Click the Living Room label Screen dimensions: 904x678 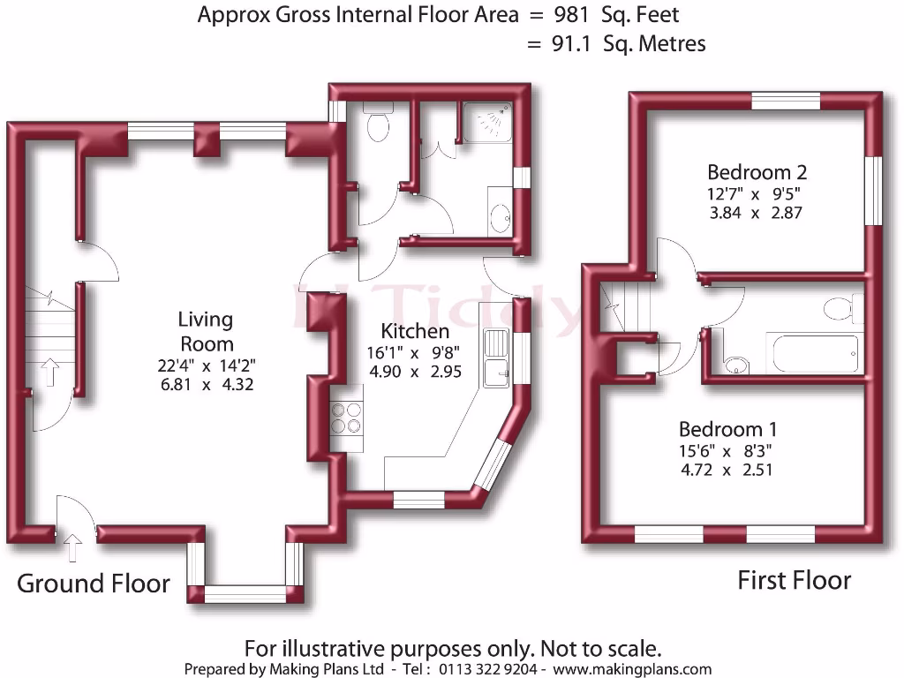[x=206, y=332]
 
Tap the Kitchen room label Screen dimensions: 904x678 [x=415, y=331]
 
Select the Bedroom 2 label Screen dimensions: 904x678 [x=757, y=172]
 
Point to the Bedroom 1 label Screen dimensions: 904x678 [x=727, y=429]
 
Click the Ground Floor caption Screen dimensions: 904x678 [x=94, y=584]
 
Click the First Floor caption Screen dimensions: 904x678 [x=794, y=580]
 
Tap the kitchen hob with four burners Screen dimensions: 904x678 [x=346, y=418]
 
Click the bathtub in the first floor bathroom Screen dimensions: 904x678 [x=815, y=353]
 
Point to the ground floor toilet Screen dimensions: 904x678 [x=378, y=121]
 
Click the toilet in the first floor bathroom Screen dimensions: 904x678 [x=843, y=308]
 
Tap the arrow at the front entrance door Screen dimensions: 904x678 [x=72, y=547]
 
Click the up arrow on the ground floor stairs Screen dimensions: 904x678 [x=50, y=373]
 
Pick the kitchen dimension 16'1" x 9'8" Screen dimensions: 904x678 [x=413, y=352]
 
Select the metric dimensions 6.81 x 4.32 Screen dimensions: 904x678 [x=207, y=384]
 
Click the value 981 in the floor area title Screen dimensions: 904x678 [x=572, y=15]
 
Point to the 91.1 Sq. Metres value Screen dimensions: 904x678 [x=629, y=44]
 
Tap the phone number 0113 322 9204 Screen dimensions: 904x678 [x=487, y=669]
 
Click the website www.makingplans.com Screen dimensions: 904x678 [x=632, y=669]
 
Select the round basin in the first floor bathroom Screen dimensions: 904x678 [x=736, y=365]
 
